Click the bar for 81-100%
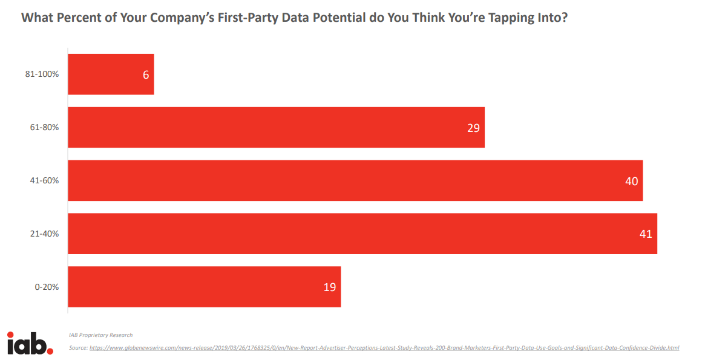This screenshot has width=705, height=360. [x=111, y=74]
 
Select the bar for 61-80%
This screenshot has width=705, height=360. [x=276, y=128]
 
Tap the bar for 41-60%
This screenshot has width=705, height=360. [x=355, y=180]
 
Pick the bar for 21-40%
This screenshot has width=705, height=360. [x=362, y=234]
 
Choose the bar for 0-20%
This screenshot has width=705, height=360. [x=204, y=287]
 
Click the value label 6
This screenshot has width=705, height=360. [x=146, y=74]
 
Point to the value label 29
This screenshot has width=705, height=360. [x=473, y=128]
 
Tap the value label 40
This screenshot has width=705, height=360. [x=631, y=180]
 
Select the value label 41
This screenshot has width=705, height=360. [x=646, y=234]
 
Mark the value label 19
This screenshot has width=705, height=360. [x=329, y=287]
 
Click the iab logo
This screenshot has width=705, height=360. [x=30, y=343]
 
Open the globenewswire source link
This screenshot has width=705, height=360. [x=384, y=348]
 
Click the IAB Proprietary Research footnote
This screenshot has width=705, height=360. [x=100, y=335]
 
